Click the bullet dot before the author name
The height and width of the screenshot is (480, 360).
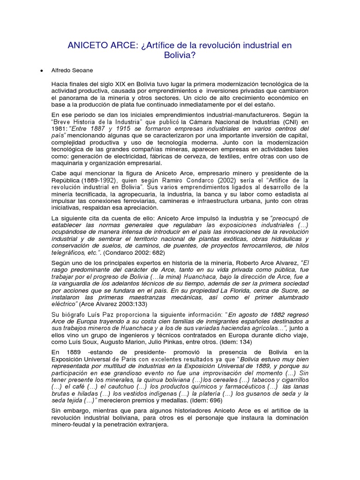[42, 71]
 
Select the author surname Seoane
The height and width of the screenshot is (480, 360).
[82, 70]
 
